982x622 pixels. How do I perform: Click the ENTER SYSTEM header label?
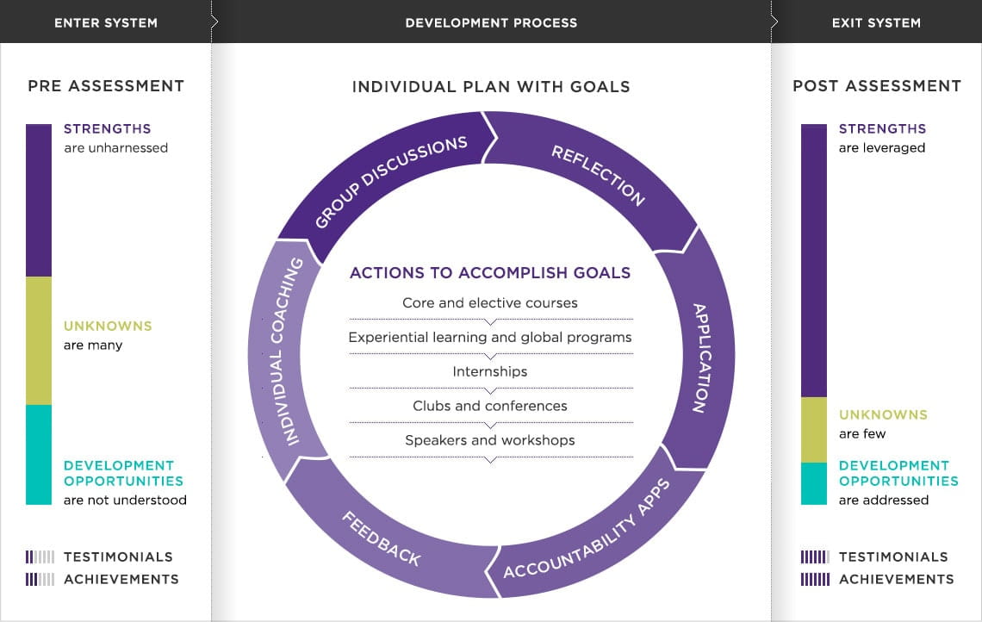point(106,23)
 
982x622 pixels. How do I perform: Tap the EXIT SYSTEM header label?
point(876,23)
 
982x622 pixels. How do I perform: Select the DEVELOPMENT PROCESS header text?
point(491,23)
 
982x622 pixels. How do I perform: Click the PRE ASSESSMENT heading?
point(106,86)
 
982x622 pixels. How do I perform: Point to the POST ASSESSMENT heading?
point(877,86)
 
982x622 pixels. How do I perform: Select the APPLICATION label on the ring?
point(701,358)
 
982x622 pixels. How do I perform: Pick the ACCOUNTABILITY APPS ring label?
point(587,529)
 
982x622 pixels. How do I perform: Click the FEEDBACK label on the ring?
point(382,538)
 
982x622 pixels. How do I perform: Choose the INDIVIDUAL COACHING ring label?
point(286,351)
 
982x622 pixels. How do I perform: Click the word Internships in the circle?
point(490,371)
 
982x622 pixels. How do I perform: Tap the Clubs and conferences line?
point(490,406)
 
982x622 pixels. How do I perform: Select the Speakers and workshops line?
point(490,440)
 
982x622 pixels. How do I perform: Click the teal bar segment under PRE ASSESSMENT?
point(39,455)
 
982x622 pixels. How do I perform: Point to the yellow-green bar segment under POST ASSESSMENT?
point(813,430)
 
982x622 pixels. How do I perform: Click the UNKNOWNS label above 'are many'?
point(108,326)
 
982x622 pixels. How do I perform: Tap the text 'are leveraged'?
point(882,148)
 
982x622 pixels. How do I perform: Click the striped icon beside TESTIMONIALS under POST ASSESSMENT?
point(815,557)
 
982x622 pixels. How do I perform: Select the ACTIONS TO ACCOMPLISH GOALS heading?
point(490,272)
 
